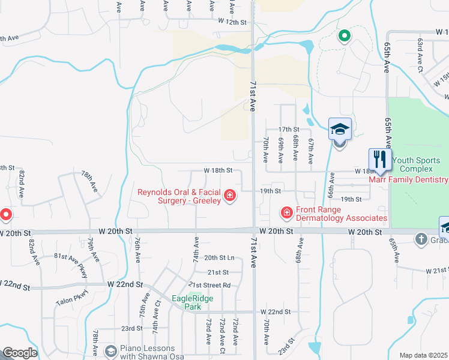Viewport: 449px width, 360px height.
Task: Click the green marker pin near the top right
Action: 344,36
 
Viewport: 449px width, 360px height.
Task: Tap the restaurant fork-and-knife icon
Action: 379,160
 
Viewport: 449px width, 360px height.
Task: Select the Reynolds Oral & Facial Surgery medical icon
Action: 229,196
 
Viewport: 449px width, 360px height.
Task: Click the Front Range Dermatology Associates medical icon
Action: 286,212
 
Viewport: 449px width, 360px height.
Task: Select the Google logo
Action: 19,353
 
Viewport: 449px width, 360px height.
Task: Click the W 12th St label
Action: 233,22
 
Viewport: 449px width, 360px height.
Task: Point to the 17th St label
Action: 288,130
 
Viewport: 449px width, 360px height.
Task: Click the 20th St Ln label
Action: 218,258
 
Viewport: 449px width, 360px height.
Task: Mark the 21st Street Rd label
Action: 209,285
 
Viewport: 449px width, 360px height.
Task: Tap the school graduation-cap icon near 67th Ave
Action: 340,130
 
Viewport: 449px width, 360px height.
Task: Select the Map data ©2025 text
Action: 423,355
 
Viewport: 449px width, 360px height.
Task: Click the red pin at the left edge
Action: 5,214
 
